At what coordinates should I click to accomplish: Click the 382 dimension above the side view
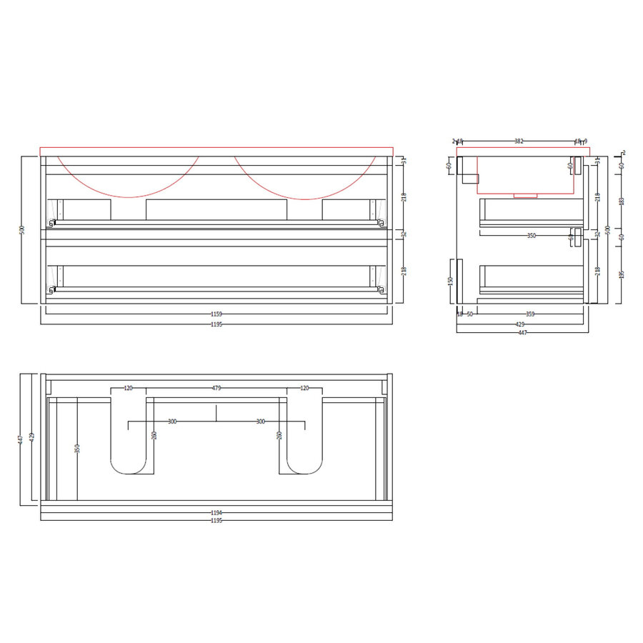point(519,141)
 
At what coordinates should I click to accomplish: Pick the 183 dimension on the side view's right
point(622,201)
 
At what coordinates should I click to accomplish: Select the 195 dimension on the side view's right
point(622,274)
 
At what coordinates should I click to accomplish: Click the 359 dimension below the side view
point(530,314)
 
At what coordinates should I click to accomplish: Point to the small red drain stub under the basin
point(527,194)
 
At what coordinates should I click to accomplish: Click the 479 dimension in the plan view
point(216,389)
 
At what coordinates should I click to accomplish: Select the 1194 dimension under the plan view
point(216,512)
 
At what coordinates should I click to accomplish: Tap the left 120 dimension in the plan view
point(129,389)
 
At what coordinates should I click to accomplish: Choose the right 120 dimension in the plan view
point(305,389)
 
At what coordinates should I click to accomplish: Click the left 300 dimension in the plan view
point(172,422)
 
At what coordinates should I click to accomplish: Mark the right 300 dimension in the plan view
point(261,422)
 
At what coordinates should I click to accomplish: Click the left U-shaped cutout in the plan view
point(129,464)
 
